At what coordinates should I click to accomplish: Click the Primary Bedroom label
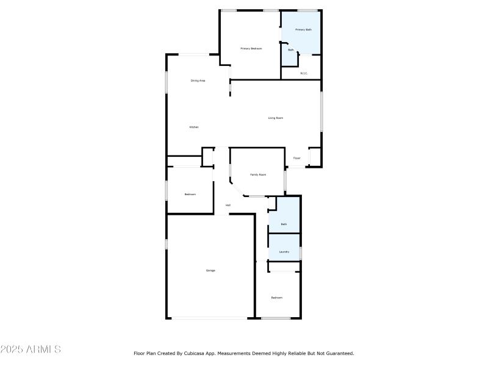point(251,48)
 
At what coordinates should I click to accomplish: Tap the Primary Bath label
point(304,29)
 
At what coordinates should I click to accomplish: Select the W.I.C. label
point(304,73)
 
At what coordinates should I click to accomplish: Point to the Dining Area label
point(198,81)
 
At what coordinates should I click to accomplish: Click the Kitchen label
point(194,127)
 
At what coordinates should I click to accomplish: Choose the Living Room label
point(276,118)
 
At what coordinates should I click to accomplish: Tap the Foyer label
point(297,158)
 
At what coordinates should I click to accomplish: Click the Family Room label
point(258,174)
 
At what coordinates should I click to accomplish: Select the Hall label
point(228,205)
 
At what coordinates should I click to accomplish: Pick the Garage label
point(210,270)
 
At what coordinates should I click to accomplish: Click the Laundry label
point(284,251)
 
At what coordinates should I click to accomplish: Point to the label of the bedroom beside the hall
point(190,194)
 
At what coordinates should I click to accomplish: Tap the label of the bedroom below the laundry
point(277,298)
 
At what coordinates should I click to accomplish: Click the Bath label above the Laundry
point(284,224)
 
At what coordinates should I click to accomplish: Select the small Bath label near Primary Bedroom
point(291,50)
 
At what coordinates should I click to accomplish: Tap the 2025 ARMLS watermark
point(30,350)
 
